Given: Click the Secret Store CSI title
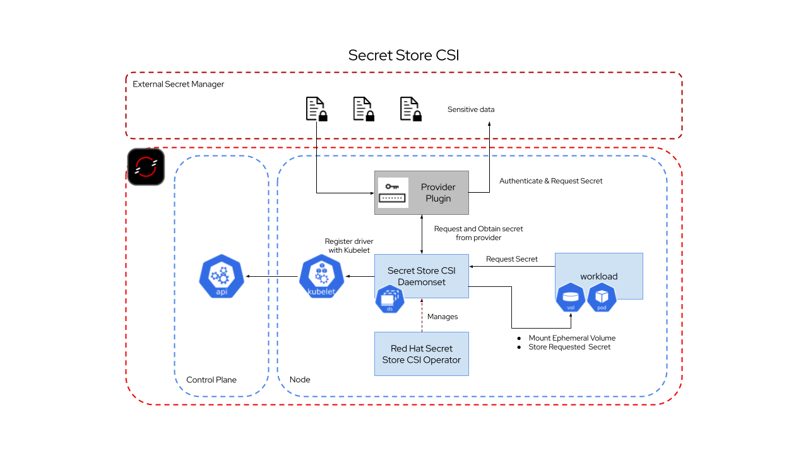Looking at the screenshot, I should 403,55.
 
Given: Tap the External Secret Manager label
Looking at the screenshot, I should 178,84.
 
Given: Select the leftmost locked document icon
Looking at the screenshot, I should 316,109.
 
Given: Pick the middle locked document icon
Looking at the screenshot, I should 363,109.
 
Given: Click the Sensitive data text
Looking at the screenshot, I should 471,109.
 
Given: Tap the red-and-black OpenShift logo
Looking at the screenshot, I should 146,167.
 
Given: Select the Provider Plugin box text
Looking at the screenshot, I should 438,193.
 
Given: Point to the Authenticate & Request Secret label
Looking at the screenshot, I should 550,181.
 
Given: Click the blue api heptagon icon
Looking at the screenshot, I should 221,276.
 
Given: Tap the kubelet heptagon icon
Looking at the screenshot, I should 321,276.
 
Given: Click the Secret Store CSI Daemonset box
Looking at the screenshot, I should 422,276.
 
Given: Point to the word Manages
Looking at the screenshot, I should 443,316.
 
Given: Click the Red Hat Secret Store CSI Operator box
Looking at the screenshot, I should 422,354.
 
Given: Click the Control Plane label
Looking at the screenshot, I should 211,380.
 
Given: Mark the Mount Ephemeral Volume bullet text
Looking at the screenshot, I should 572,338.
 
